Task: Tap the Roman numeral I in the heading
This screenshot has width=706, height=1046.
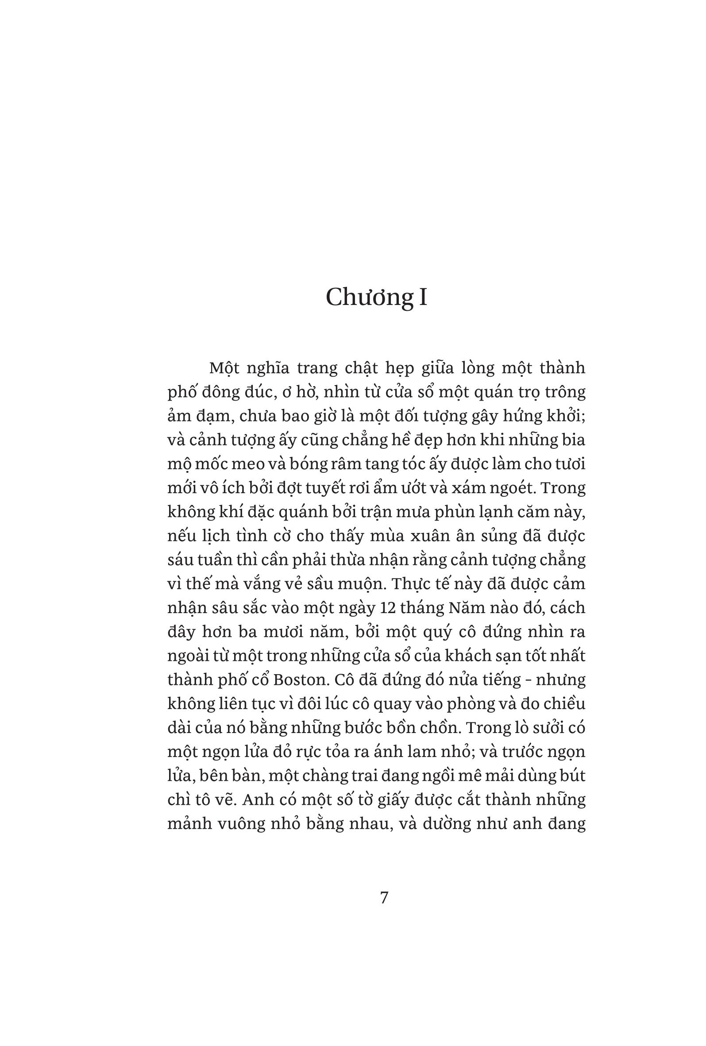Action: [x=423, y=297]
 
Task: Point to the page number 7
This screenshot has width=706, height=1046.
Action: [x=384, y=897]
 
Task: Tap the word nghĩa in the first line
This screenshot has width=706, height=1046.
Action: [x=268, y=368]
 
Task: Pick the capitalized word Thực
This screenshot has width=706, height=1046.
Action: [x=409, y=584]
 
